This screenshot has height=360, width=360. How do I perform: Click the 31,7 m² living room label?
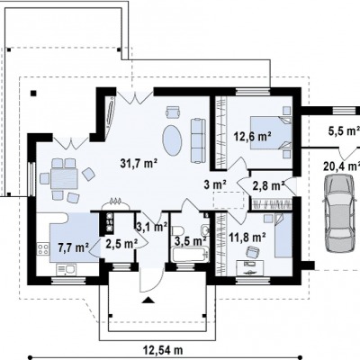click(x=139, y=164)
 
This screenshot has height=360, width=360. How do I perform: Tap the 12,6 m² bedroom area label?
click(x=253, y=137)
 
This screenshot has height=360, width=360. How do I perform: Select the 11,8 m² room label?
click(x=247, y=238)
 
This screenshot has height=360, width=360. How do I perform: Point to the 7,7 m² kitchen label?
click(x=73, y=247)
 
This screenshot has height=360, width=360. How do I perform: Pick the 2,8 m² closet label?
click(x=268, y=186)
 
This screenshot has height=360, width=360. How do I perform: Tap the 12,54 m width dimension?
click(x=163, y=350)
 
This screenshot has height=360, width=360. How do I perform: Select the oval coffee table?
click(x=172, y=140)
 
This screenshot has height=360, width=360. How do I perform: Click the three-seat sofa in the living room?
click(x=198, y=140)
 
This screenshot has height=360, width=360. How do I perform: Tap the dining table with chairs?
click(x=65, y=179)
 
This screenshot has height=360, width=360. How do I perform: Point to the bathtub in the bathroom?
click(x=190, y=255)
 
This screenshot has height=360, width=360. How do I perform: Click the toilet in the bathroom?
click(x=178, y=231)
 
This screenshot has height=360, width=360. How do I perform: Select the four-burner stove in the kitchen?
click(x=43, y=248)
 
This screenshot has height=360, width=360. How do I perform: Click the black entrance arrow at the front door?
click(x=148, y=300)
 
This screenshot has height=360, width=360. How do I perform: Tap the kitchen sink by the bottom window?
click(x=67, y=269)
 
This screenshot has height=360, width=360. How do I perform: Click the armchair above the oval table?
click(x=173, y=112)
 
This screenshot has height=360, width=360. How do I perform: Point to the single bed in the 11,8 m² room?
click(x=283, y=235)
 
